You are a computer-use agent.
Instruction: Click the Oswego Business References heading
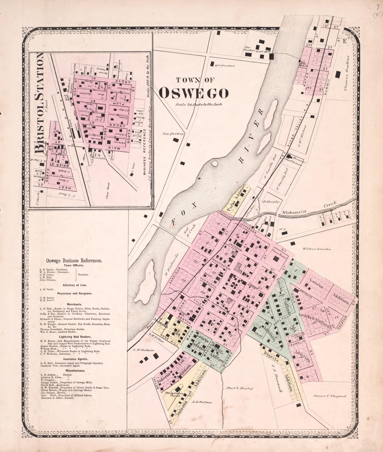pyautogui.click(x=73, y=260)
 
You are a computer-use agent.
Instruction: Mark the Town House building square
pyautogui.click(x=277, y=259)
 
